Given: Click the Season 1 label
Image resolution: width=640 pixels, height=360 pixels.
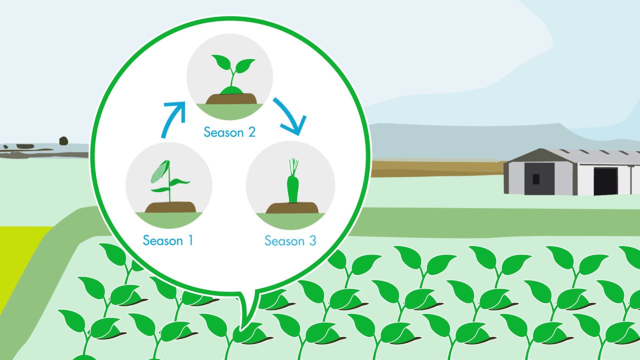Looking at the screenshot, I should coord(167,240).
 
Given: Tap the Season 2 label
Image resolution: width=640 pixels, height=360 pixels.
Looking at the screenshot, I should coord(229,132).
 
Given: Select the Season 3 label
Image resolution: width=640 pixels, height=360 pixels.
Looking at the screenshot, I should coord(290,241).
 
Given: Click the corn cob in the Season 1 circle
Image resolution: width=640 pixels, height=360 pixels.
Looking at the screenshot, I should coord(158,171).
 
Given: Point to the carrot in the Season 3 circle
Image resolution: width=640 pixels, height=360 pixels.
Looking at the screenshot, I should coord(292,189).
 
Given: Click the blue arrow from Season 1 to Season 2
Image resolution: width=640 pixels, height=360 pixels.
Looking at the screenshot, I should coord(172,119).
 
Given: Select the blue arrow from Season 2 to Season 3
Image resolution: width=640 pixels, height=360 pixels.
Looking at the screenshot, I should coord(288,116).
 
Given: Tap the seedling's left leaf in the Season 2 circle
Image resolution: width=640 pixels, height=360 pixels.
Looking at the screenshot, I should coord(220,63).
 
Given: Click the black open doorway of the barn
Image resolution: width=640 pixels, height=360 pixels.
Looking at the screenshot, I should coord(605,181).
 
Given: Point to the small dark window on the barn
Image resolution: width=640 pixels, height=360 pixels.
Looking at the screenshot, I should coord(536,178).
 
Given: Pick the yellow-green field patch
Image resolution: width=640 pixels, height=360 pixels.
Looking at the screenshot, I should coord(20,260).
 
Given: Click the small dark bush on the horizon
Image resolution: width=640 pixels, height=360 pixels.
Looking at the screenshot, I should coord(63,140).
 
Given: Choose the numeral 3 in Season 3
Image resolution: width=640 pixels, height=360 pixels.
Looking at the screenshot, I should coord(311,241).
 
